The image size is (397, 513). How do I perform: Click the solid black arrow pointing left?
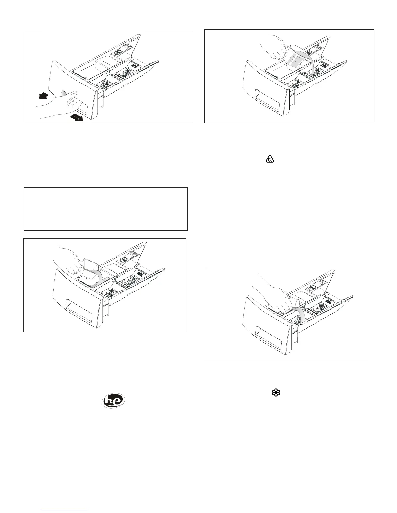[x=42, y=96]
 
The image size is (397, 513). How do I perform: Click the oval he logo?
[x=114, y=400]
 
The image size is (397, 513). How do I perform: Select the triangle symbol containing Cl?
[x=270, y=159]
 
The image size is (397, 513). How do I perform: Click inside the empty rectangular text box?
[x=106, y=209]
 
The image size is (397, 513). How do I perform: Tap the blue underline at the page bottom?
[x=65, y=510]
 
